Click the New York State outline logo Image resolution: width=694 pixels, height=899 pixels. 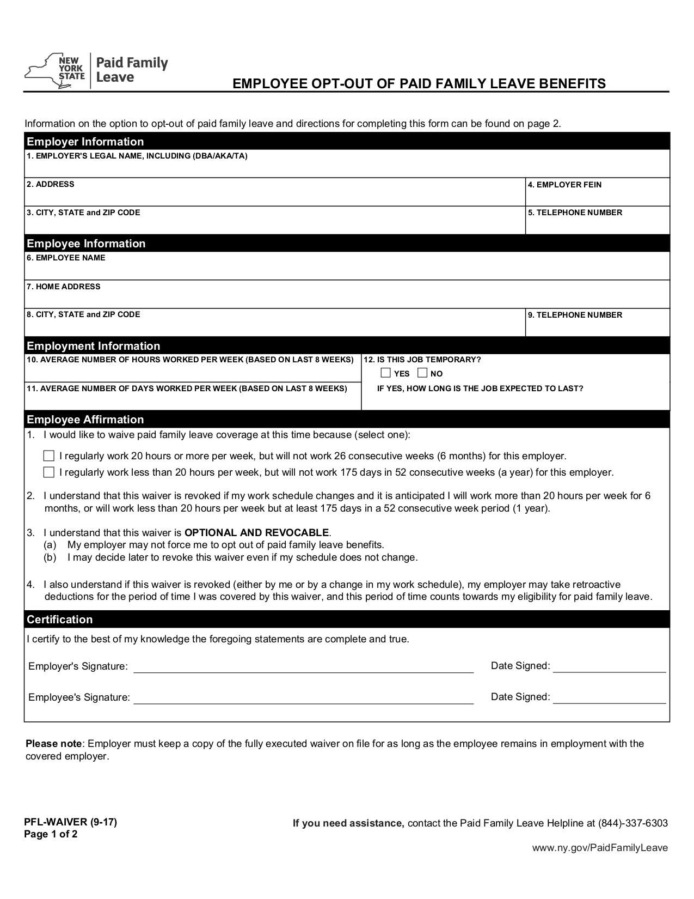pyautogui.click(x=54, y=71)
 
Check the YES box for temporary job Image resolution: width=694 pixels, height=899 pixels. pyautogui.click(x=386, y=373)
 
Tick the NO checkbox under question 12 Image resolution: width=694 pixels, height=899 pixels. pyautogui.click(x=422, y=373)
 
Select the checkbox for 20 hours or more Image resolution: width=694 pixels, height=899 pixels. pyautogui.click(x=49, y=456)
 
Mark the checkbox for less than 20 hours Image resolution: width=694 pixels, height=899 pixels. pyautogui.click(x=49, y=472)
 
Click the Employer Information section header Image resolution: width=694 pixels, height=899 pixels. pyautogui.click(x=85, y=142)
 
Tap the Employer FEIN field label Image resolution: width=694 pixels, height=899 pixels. pyautogui.click(x=564, y=185)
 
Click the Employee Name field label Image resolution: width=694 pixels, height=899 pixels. pyautogui.click(x=66, y=258)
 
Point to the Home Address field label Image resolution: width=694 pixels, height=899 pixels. pyautogui.click(x=63, y=287)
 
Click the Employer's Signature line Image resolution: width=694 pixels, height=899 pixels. pyautogui.click(x=303, y=668)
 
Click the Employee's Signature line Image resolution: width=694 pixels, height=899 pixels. pyautogui.click(x=303, y=699)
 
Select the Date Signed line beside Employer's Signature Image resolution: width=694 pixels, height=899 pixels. pyautogui.click(x=609, y=668)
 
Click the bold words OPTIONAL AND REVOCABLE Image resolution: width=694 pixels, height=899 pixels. pyautogui.click(x=257, y=532)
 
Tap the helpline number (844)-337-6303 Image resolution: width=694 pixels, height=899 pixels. pyautogui.click(x=632, y=823)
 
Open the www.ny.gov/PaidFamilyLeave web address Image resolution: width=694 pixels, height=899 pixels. pyautogui.click(x=600, y=848)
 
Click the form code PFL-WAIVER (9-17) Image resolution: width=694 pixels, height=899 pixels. pyautogui.click(x=70, y=822)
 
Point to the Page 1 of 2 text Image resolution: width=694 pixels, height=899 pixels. pyautogui.click(x=51, y=834)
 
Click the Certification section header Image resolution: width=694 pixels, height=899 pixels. pyautogui.click(x=60, y=619)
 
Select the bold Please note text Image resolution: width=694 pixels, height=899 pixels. pyautogui.click(x=53, y=744)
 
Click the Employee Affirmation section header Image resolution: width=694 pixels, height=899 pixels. pyautogui.click(x=85, y=420)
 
